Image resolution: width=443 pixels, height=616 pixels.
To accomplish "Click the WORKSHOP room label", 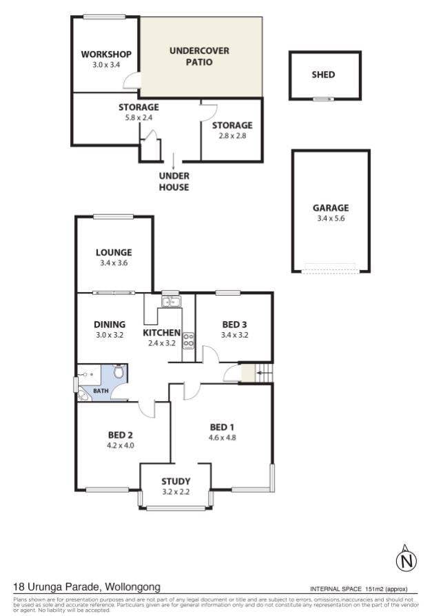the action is (x=106, y=54).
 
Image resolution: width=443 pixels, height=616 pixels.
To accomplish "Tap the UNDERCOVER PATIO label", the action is (x=199, y=57).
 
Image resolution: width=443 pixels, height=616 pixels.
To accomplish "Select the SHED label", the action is (x=323, y=74).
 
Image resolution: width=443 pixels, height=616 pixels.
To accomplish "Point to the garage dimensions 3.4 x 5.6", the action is (x=331, y=218).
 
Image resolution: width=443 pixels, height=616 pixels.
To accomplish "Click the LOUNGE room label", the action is (x=114, y=252).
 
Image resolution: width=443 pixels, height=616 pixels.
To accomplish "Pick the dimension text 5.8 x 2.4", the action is (x=138, y=117).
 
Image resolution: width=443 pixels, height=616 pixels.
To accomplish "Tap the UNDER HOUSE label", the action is (x=174, y=181).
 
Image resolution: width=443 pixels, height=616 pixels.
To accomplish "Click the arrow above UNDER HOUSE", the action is (x=173, y=161).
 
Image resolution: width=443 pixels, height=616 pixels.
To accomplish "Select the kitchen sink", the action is (x=171, y=302).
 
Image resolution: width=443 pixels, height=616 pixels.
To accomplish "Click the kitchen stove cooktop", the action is (x=189, y=340).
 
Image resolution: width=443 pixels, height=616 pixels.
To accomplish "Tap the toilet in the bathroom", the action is (x=119, y=371).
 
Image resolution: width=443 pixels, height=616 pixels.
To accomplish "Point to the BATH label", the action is (x=101, y=391).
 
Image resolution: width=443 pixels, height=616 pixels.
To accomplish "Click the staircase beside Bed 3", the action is (x=265, y=373).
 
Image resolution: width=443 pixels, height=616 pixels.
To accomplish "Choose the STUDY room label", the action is (x=176, y=481).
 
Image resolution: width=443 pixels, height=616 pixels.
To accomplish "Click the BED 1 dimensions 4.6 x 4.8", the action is (x=223, y=438).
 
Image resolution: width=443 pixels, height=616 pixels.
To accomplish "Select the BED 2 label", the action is (x=120, y=435).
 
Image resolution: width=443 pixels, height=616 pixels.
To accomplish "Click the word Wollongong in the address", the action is (x=133, y=587).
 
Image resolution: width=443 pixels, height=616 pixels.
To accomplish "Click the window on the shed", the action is (x=323, y=99).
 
